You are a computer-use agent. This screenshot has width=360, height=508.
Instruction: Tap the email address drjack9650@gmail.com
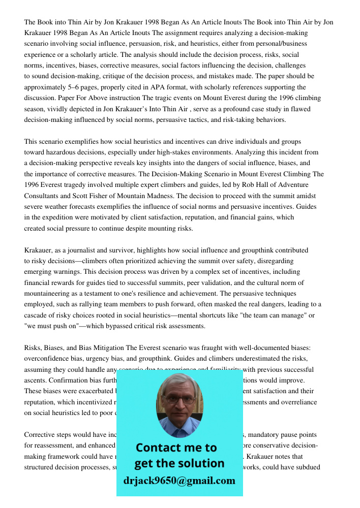tap(179, 480)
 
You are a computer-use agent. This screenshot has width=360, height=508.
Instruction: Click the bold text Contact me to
tap(176, 448)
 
